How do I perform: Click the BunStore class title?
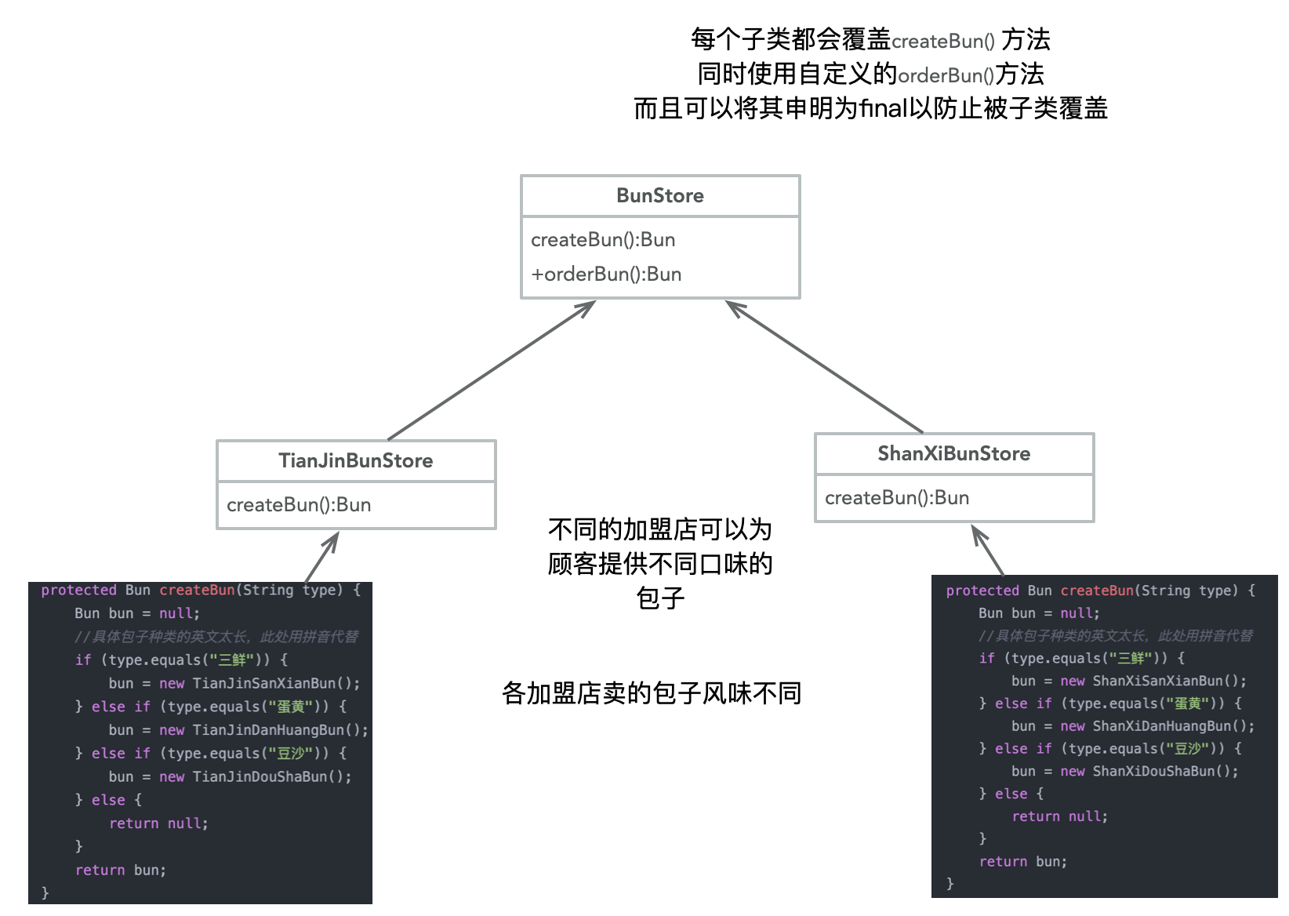(660, 195)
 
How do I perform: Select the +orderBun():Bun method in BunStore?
(606, 274)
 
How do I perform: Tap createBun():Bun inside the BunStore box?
(603, 239)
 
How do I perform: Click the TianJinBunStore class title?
(356, 460)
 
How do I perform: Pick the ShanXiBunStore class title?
(954, 453)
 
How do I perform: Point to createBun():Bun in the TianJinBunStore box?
(299, 504)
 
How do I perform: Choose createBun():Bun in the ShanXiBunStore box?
(897, 497)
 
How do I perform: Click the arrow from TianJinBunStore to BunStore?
(492, 370)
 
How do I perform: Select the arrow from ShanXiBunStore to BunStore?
(825, 366)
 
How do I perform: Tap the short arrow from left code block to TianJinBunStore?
(321, 557)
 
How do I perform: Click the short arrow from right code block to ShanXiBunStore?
(988, 550)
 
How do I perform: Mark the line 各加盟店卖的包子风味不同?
(652, 693)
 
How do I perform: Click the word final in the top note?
(884, 108)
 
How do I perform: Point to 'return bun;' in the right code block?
(1023, 861)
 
